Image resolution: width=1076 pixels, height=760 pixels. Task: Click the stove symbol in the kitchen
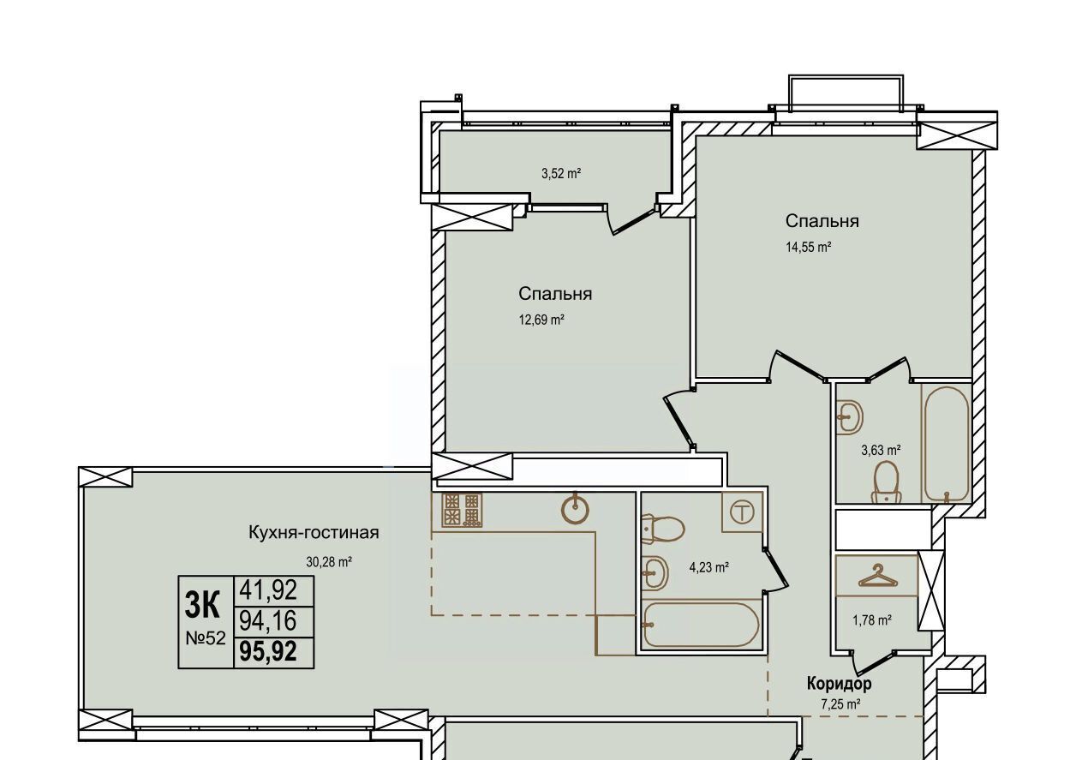tap(462, 510)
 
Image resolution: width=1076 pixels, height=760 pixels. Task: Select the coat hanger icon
tap(877, 577)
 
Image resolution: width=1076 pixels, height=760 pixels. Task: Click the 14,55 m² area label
tap(809, 247)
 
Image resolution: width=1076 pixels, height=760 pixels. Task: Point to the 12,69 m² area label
tap(541, 320)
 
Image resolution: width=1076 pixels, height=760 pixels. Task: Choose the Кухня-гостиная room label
tap(314, 532)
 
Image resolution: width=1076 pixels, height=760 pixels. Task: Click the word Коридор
tap(840, 683)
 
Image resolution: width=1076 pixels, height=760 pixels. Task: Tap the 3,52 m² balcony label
tap(561, 173)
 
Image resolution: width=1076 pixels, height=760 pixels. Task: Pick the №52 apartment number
tap(206, 638)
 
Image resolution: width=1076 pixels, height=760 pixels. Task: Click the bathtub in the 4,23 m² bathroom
tap(701, 625)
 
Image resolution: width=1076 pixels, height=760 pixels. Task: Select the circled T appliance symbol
tap(742, 513)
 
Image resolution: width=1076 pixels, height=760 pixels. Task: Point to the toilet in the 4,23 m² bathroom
tap(662, 529)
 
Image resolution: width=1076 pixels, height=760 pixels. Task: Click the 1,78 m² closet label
tap(872, 620)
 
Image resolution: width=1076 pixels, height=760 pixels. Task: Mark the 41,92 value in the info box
tap(268, 590)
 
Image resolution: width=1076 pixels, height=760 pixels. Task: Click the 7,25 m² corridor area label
tap(840, 705)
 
